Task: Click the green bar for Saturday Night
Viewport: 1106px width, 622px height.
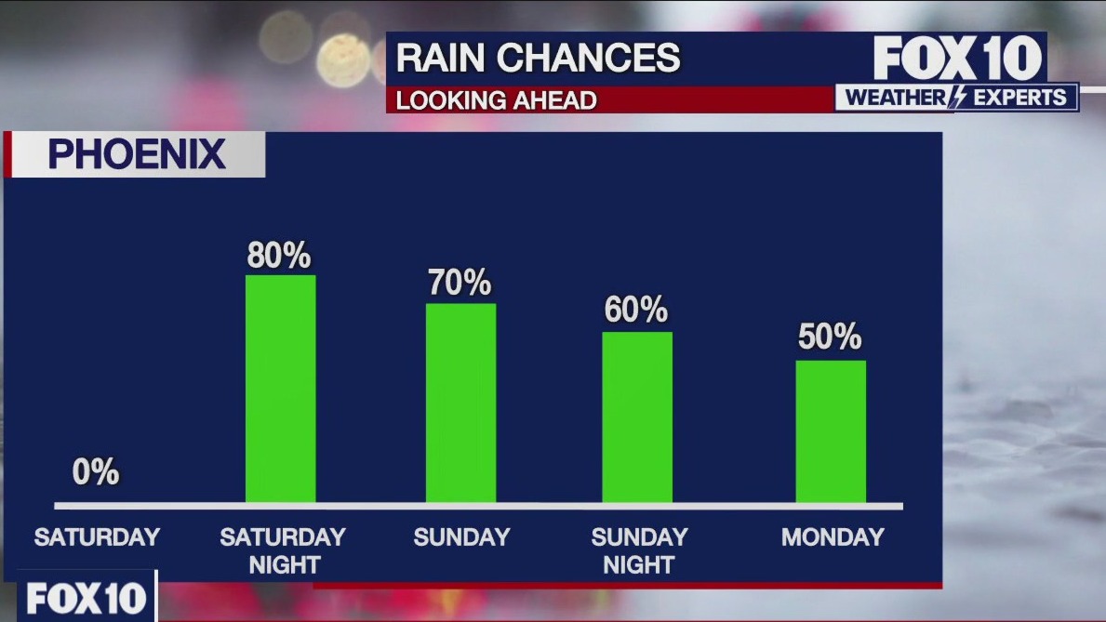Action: (280, 389)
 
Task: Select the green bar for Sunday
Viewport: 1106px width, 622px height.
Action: (460, 403)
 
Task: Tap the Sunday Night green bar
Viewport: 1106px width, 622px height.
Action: (637, 417)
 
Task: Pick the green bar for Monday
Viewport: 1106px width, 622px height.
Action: (831, 431)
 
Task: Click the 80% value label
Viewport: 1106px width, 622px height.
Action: (279, 256)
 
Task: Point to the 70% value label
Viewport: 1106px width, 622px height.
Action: (460, 284)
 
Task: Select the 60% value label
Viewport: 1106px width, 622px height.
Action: (636, 311)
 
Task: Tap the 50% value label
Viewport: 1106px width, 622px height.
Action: (830, 337)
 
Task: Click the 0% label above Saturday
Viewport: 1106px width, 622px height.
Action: (96, 472)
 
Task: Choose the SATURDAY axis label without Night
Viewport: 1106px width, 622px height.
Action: (97, 537)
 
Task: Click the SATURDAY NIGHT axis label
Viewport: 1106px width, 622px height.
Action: (283, 550)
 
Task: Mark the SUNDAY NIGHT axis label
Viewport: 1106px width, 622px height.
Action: (639, 550)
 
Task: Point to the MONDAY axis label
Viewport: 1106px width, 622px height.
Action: (833, 537)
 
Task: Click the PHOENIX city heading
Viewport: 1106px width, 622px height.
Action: (137, 154)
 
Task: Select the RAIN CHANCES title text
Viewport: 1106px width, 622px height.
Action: (539, 59)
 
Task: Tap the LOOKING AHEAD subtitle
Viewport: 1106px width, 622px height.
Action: (497, 100)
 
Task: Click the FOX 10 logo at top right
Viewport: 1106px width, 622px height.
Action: (958, 59)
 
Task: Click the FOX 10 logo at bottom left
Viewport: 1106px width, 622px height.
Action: (87, 599)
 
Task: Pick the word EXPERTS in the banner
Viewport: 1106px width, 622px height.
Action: (1019, 98)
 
